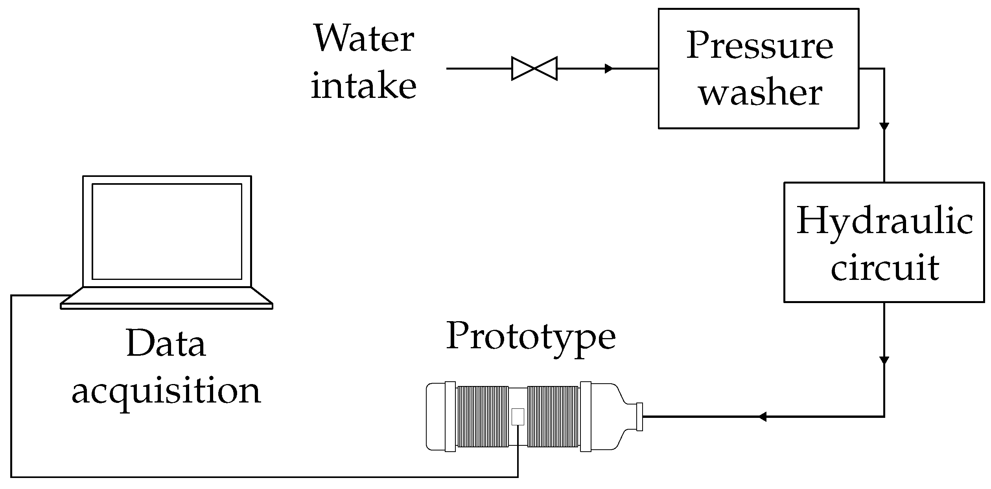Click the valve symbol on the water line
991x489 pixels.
[534, 68]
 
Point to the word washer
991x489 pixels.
[760, 94]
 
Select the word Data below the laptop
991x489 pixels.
[166, 344]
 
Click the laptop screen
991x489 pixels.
[167, 232]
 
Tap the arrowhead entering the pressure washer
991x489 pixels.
[609, 68]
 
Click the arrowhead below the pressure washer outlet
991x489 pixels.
[884, 127]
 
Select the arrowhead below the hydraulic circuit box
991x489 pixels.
[884, 360]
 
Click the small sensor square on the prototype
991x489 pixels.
[518, 417]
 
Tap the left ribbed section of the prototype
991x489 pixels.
[483, 417]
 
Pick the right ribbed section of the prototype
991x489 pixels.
[553, 417]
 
